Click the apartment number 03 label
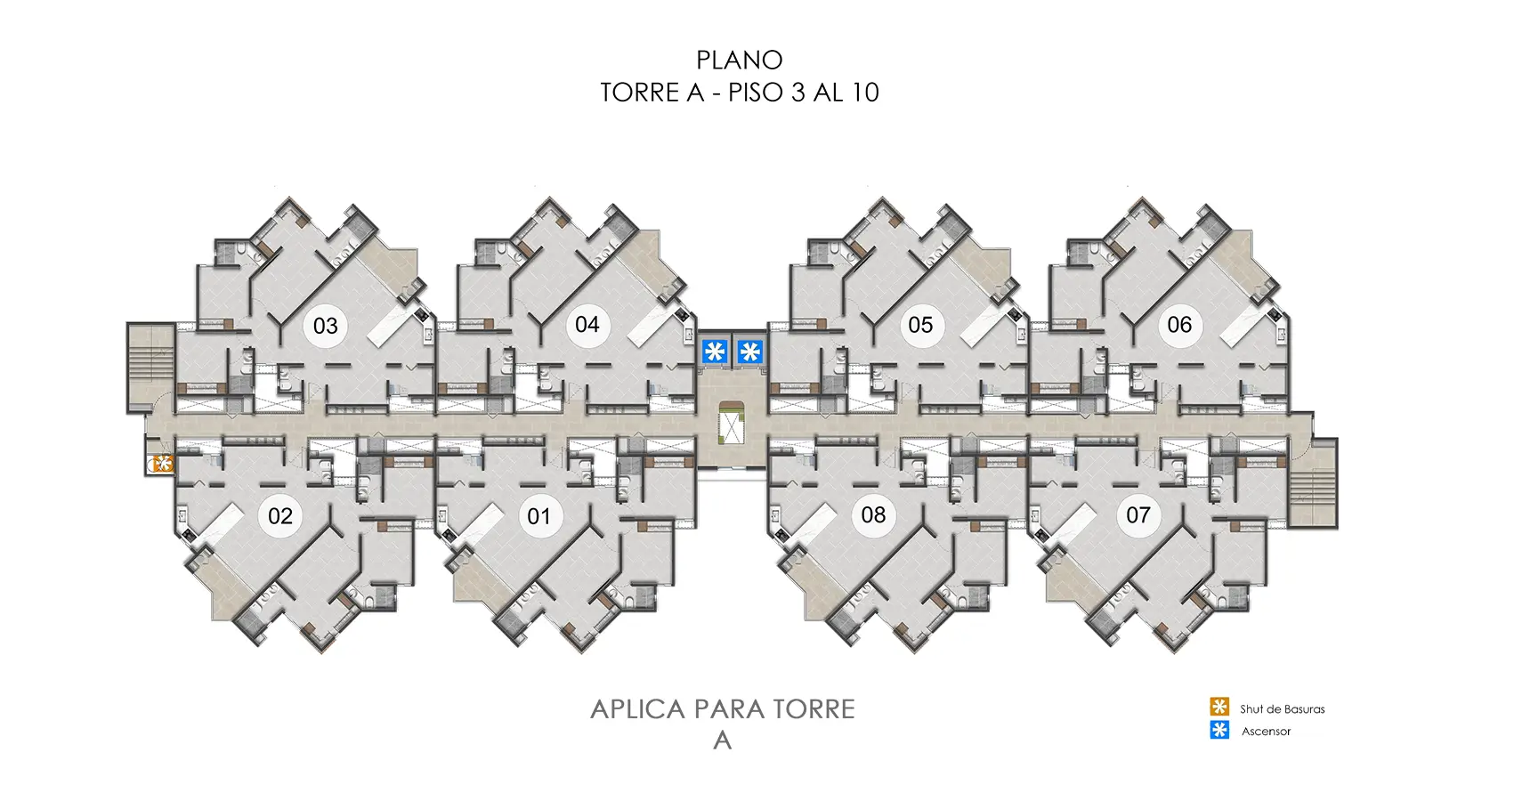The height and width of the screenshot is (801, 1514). click(326, 326)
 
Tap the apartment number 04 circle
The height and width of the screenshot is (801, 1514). click(587, 325)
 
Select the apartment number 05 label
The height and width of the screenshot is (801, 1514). click(920, 325)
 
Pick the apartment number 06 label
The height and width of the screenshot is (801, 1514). click(1179, 325)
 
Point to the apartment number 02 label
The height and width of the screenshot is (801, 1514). click(280, 516)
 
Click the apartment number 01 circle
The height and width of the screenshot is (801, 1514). click(539, 516)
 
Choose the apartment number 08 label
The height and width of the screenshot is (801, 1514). click(873, 514)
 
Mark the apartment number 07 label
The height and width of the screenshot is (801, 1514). click(1138, 514)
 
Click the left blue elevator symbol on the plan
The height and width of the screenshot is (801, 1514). click(714, 352)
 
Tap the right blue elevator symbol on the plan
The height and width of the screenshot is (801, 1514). click(750, 352)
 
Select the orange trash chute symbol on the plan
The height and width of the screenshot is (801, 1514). click(162, 463)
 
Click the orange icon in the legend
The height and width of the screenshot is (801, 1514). click(1219, 708)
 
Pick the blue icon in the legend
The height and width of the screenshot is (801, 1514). click(1219, 731)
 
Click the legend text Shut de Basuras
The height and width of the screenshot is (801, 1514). click(1282, 709)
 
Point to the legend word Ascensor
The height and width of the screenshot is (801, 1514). click(1266, 732)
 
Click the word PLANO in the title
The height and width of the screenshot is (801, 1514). click(739, 61)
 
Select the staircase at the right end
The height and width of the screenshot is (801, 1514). click(1313, 484)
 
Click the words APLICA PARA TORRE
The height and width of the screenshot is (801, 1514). click(722, 709)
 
